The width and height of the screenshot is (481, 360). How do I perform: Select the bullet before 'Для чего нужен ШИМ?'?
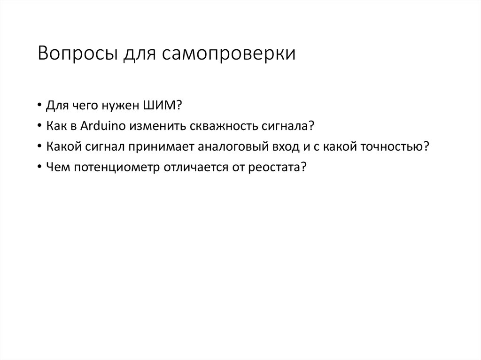pos(41,107)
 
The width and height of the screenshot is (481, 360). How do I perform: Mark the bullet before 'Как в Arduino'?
pos(41,127)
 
